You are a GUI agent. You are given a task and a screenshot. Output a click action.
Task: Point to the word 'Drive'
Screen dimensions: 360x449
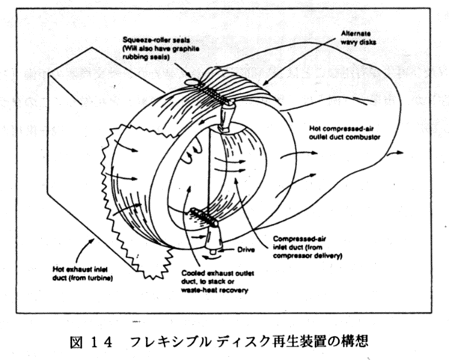(x=246, y=246)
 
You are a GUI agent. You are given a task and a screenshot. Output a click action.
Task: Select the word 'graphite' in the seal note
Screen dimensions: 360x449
(x=184, y=46)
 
